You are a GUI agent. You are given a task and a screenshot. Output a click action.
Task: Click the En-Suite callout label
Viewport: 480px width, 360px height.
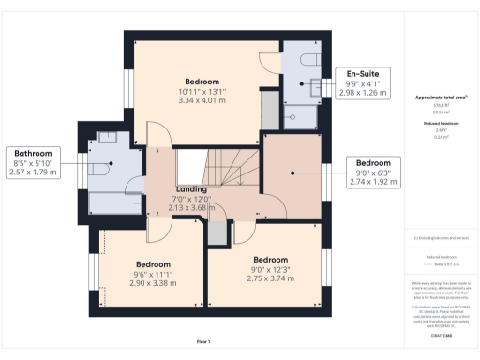coord(362,73)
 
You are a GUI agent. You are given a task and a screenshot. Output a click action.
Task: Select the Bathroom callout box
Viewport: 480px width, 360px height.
coord(33,162)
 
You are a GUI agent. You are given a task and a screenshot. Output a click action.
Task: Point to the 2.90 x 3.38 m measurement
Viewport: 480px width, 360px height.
coord(152,283)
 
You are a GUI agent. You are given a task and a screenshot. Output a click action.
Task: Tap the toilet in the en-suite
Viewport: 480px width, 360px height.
coord(309,58)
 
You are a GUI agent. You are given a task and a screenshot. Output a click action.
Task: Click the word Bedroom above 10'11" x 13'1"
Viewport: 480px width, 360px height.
coord(202,81)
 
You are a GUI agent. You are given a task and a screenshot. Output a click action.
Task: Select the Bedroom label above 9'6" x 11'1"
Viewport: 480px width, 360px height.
coord(152,264)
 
